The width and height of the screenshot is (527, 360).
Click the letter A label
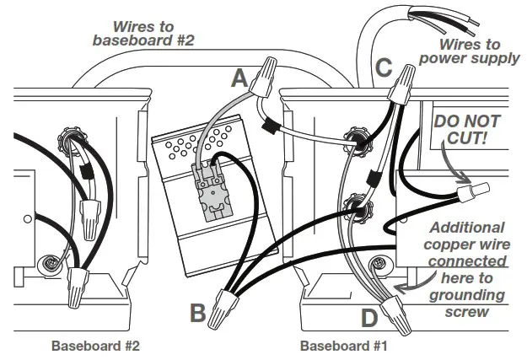pyautogui.click(x=239, y=79)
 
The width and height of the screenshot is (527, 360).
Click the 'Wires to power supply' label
pyautogui.click(x=468, y=52)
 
